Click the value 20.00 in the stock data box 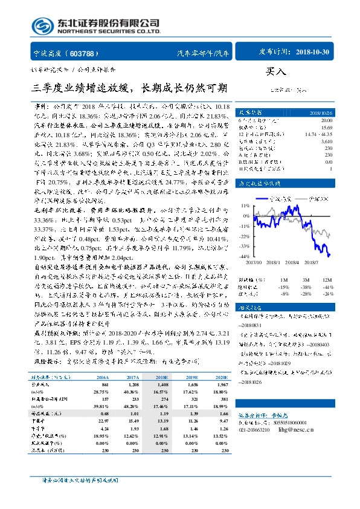pos(326,120)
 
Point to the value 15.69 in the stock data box pos(326,127)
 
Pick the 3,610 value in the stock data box pos(326,140)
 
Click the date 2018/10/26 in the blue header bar pos(320,112)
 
